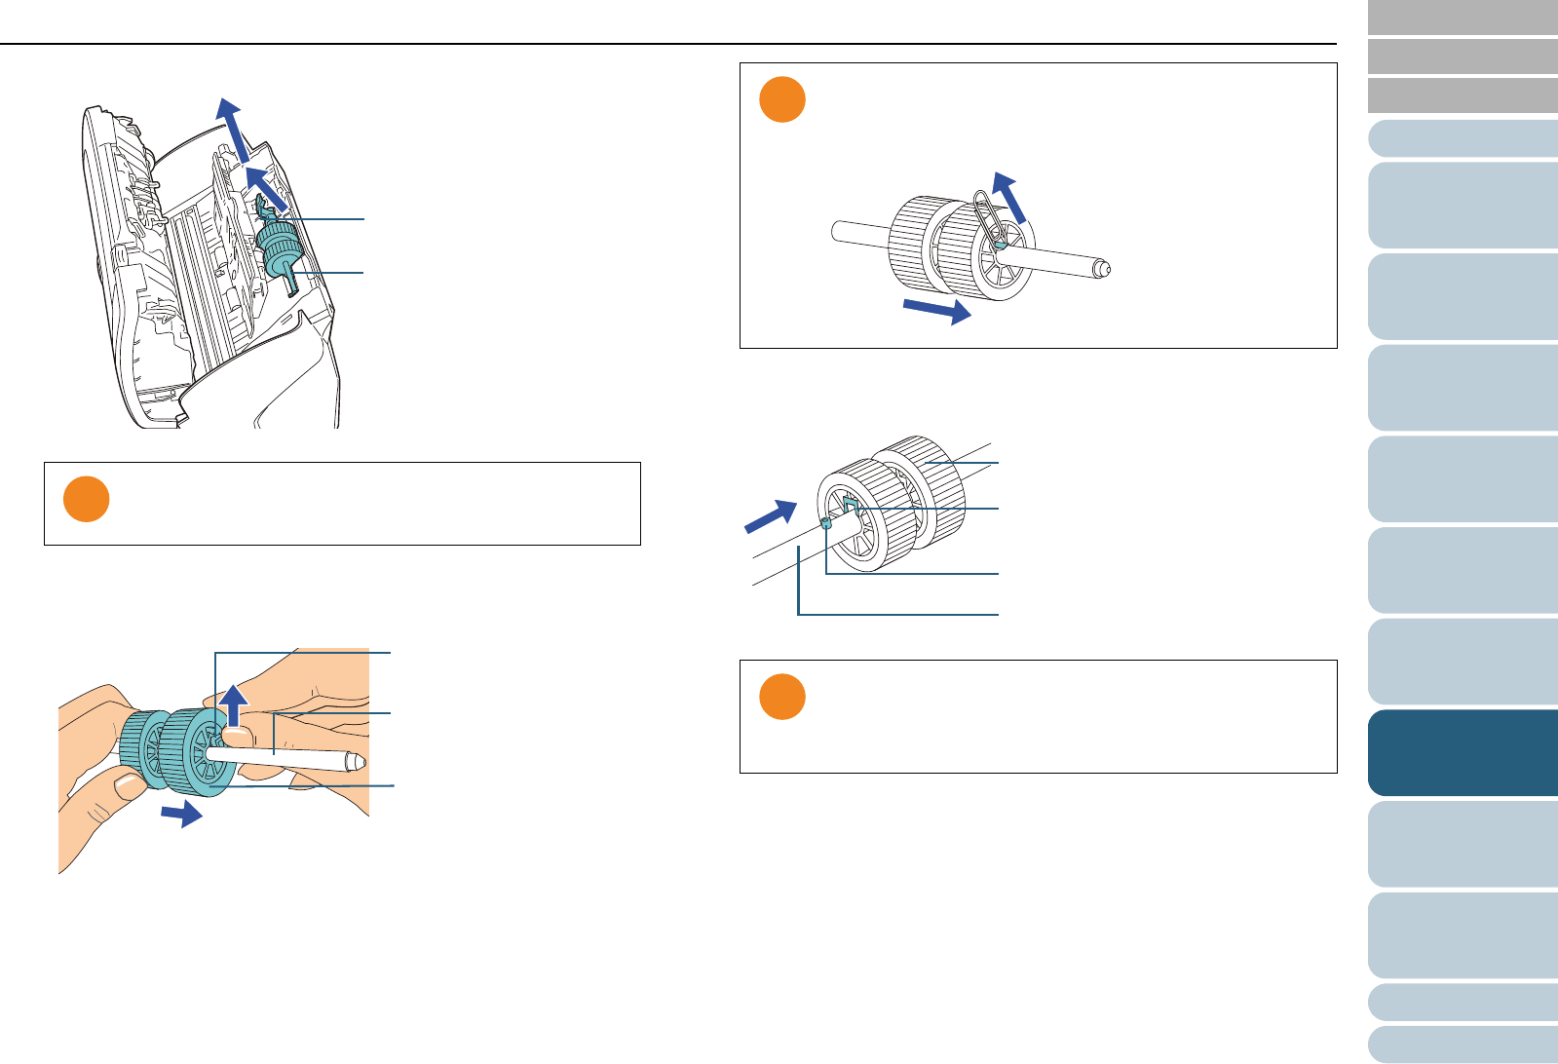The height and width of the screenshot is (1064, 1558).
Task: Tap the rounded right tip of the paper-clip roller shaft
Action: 1103,267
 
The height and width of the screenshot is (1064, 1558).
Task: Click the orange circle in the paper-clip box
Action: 781,100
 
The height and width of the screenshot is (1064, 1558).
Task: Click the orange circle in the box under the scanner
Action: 86,500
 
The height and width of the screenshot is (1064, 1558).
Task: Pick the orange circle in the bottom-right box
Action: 781,697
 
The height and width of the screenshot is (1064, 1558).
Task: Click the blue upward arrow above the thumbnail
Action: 232,704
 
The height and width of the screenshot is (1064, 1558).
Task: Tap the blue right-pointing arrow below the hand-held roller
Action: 181,814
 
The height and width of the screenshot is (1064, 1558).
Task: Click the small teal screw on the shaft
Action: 825,523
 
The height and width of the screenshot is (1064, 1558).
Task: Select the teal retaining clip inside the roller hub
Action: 849,504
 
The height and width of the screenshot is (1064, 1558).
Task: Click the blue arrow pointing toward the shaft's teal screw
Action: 771,516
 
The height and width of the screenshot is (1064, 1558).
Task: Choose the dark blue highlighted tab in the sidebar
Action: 1463,753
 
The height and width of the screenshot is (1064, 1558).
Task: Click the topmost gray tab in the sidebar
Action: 1463,18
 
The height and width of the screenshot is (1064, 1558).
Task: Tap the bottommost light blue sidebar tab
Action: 1463,1045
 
